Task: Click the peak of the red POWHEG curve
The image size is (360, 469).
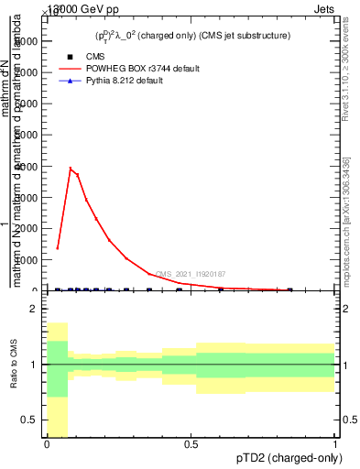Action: click(x=71, y=168)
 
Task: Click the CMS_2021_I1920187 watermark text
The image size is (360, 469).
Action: click(x=191, y=274)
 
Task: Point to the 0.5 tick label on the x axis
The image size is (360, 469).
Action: click(x=191, y=443)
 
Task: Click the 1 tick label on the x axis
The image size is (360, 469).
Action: click(x=335, y=443)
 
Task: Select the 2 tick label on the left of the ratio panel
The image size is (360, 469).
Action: click(x=33, y=310)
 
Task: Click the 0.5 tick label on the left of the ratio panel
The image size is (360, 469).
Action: click(x=28, y=420)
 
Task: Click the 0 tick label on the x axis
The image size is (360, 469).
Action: click(x=47, y=443)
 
